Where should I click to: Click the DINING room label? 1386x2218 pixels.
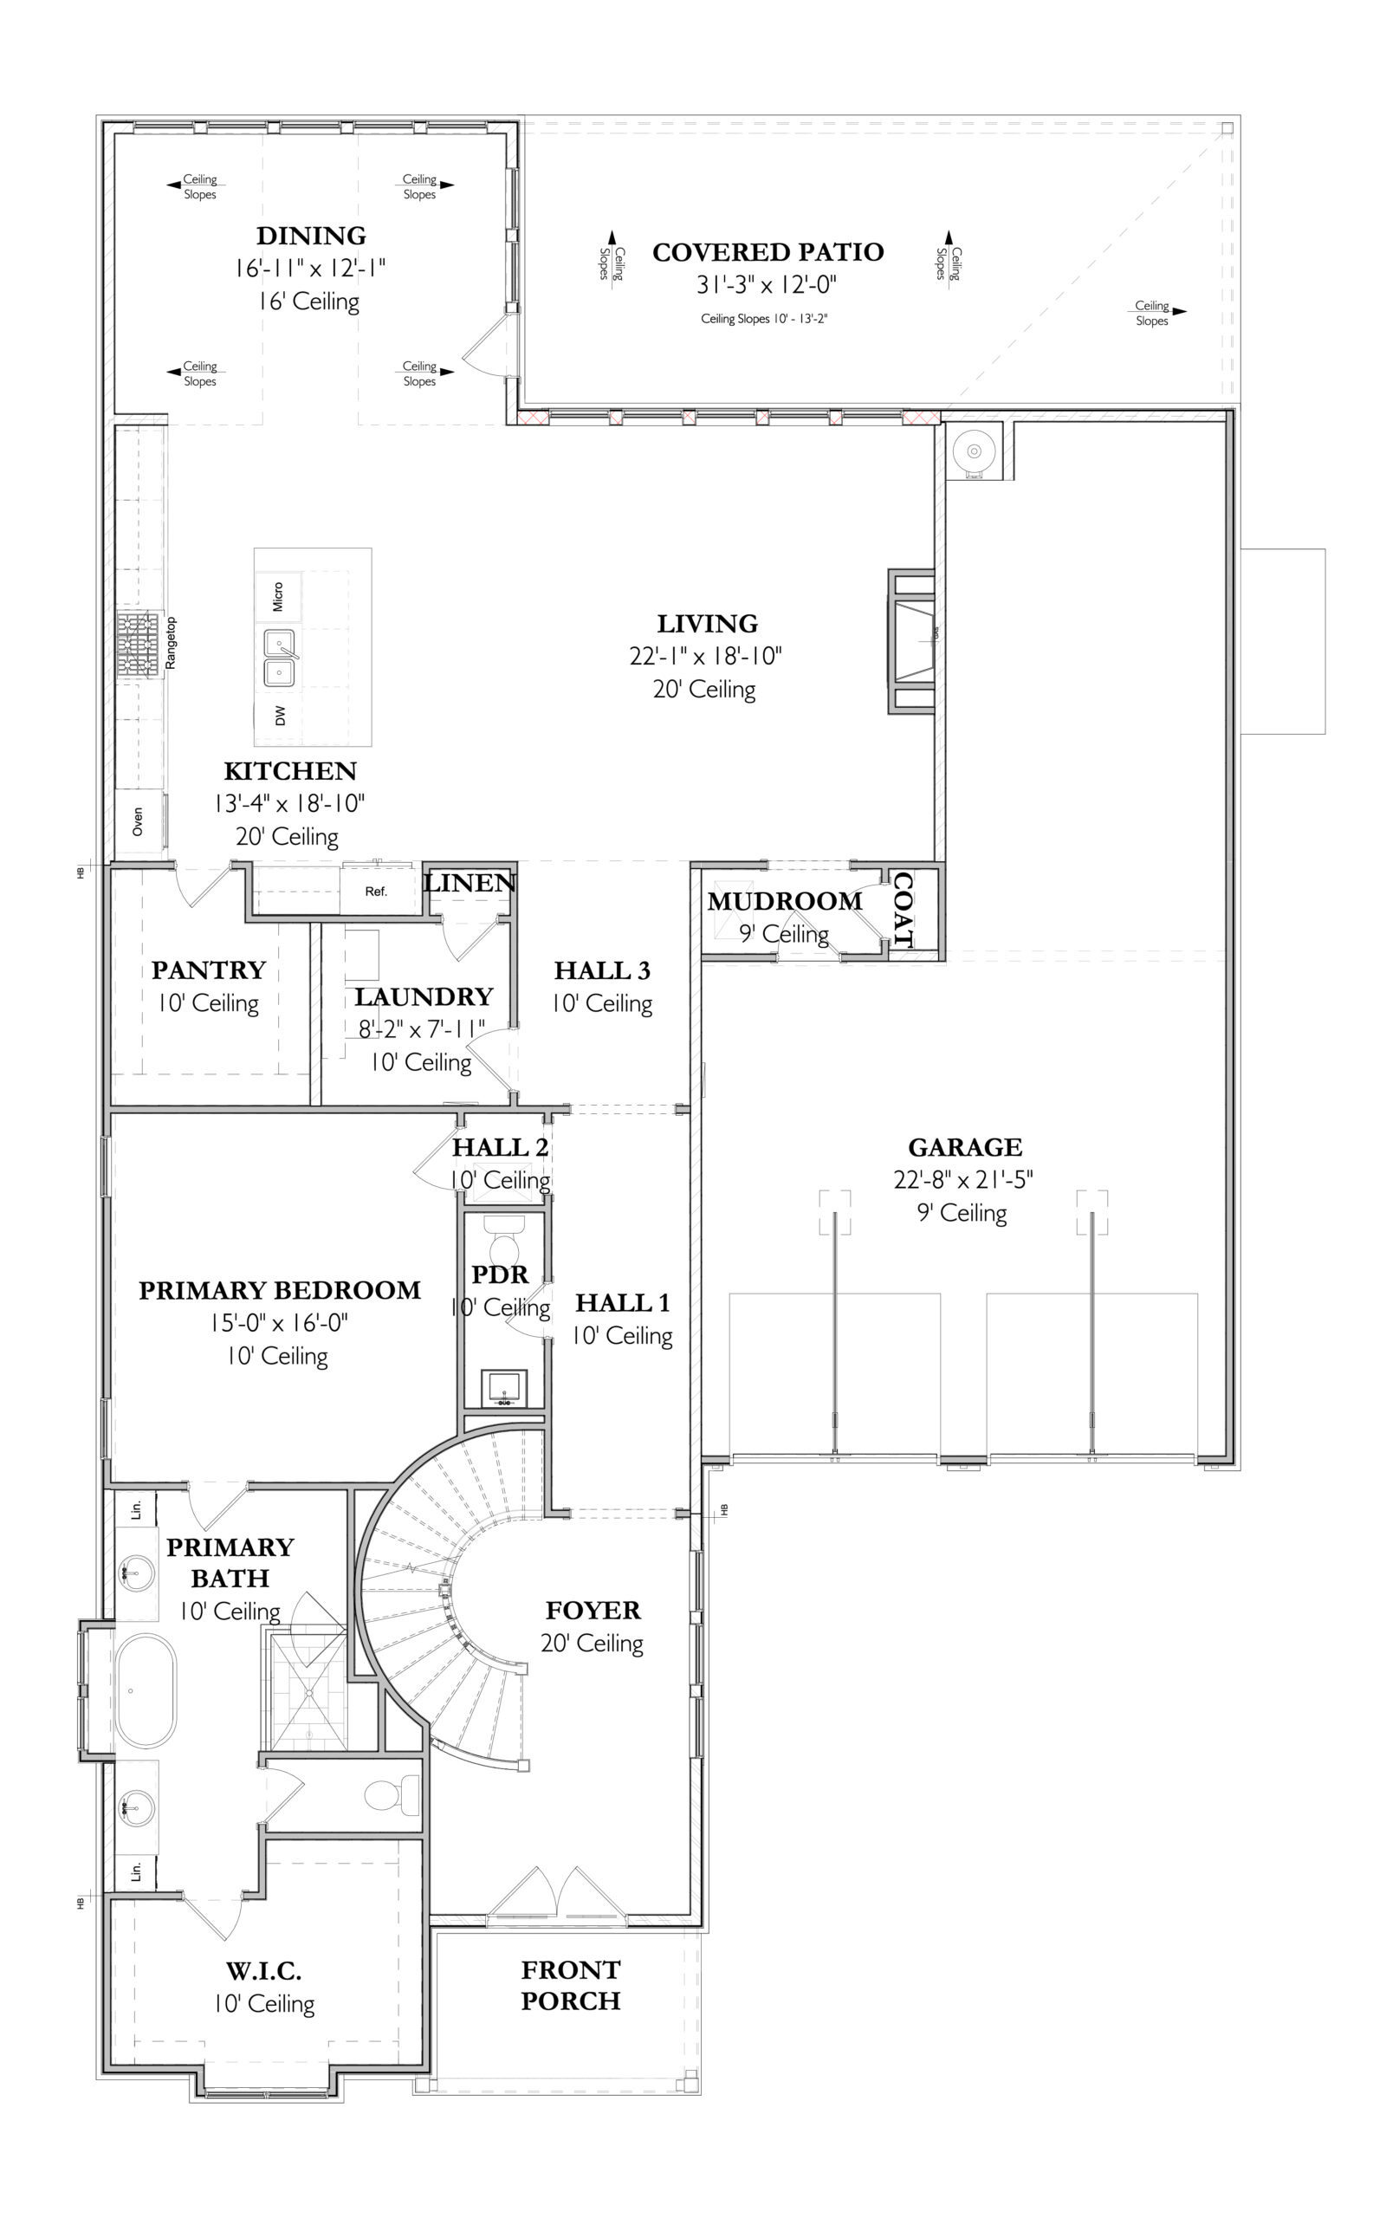pos(311,236)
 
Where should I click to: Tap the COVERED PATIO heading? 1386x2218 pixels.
pos(768,252)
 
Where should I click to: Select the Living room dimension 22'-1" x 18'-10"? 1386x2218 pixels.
pos(706,656)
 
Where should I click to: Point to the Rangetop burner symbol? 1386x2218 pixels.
pos(139,647)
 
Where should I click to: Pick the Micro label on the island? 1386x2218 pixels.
pos(278,597)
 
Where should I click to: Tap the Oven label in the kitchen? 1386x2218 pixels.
pos(138,821)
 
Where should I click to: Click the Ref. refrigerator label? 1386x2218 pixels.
pos(376,891)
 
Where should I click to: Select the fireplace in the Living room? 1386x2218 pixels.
pos(911,640)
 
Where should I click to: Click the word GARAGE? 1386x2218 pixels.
pos(964,1147)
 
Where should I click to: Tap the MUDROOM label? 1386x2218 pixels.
pos(785,901)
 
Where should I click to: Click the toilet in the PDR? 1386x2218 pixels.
pos(503,1241)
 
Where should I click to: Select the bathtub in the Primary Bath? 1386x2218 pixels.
pos(146,1691)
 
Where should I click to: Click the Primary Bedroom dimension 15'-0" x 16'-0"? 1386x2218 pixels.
pos(279,1324)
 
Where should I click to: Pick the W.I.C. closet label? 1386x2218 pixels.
pos(264,1970)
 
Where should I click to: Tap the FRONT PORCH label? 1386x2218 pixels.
pos(571,1985)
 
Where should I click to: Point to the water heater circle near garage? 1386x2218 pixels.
pos(975,450)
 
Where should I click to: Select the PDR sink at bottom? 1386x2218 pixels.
pos(504,1389)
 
